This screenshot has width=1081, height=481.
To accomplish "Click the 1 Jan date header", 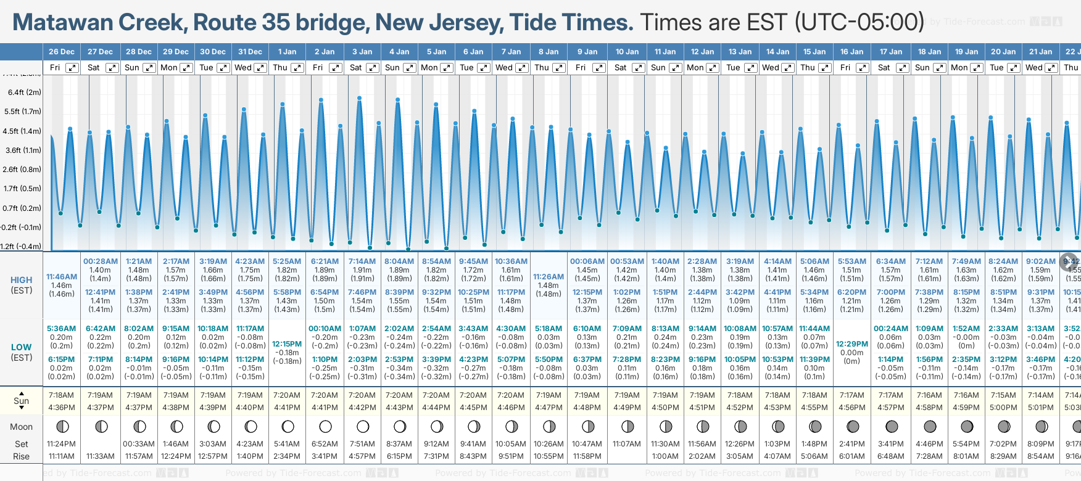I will (287, 52).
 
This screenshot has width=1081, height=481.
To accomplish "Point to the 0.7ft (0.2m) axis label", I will (22, 208).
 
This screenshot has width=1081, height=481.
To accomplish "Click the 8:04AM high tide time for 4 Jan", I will (399, 261).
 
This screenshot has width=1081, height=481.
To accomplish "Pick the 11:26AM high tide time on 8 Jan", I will (549, 277).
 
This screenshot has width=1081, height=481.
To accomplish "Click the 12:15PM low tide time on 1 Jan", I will (287, 344).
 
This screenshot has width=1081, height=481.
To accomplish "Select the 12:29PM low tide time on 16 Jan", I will (852, 344).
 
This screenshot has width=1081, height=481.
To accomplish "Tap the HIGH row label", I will (22, 280).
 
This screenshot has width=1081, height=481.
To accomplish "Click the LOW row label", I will (21, 347).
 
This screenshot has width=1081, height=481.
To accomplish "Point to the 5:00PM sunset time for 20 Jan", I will (1003, 408).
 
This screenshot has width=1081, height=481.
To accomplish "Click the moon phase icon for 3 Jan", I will (363, 427).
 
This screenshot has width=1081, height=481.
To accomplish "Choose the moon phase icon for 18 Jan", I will (930, 427).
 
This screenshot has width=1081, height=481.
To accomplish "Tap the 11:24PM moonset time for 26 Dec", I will (62, 444).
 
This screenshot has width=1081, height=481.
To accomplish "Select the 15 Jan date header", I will (814, 52).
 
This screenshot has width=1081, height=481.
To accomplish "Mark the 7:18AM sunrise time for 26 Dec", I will (61, 395).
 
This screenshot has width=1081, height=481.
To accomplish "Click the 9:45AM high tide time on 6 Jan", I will (473, 261).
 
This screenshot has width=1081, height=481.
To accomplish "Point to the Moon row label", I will (21, 427).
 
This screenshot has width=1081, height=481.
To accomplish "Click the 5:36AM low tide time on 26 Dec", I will (62, 329).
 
